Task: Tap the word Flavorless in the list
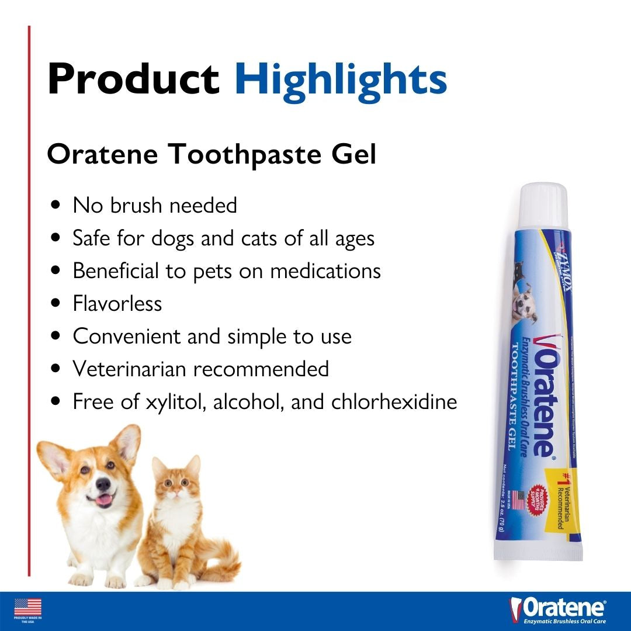(x=117, y=304)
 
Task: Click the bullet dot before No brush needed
(x=56, y=206)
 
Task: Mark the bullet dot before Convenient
(x=56, y=337)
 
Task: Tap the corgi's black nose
(x=103, y=484)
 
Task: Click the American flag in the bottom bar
(x=28, y=606)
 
